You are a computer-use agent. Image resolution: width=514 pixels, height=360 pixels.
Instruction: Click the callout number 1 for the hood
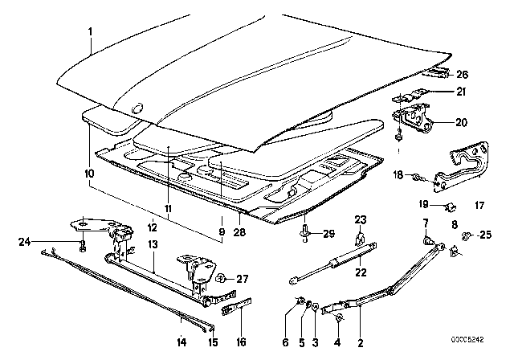click(x=91, y=31)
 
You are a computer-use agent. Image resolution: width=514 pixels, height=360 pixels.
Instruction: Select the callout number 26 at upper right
click(x=462, y=75)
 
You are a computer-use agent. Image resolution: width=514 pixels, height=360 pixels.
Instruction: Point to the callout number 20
click(x=460, y=123)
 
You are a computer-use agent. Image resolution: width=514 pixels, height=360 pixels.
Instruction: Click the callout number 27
click(x=242, y=279)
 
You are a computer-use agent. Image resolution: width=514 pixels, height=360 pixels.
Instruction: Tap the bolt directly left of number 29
click(x=307, y=233)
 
